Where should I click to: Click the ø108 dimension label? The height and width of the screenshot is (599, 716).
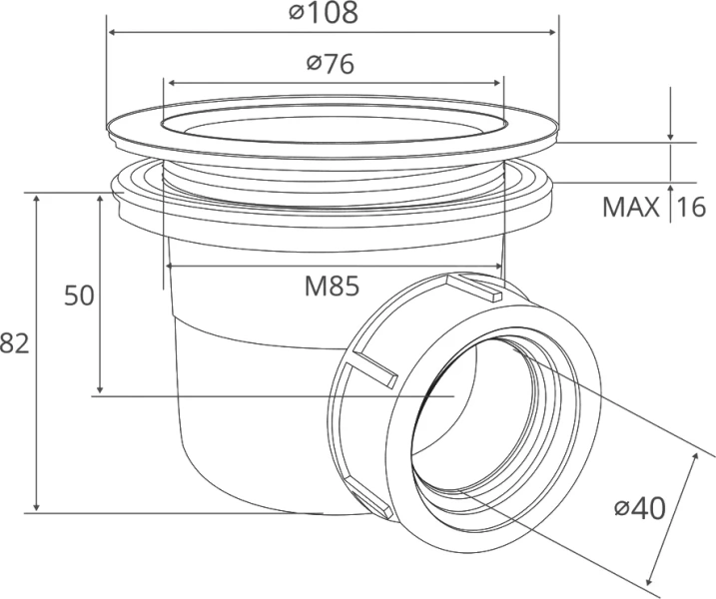pyautogui.click(x=324, y=13)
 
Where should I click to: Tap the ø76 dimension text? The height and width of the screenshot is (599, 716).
pyautogui.click(x=331, y=64)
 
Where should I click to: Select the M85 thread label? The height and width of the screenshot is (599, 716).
pyautogui.click(x=332, y=287)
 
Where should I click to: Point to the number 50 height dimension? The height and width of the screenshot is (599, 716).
pyautogui.click(x=79, y=295)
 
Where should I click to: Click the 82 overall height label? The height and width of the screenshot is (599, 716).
pyautogui.click(x=14, y=343)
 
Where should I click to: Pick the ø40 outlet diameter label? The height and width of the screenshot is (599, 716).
pyautogui.click(x=639, y=508)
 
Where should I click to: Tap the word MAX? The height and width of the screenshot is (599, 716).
pyautogui.click(x=631, y=208)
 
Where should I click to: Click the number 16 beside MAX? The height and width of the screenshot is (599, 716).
pyautogui.click(x=691, y=208)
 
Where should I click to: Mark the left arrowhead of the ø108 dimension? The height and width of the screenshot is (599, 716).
pyautogui.click(x=111, y=32)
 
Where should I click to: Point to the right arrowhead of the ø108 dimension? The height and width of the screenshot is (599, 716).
pyautogui.click(x=552, y=32)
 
